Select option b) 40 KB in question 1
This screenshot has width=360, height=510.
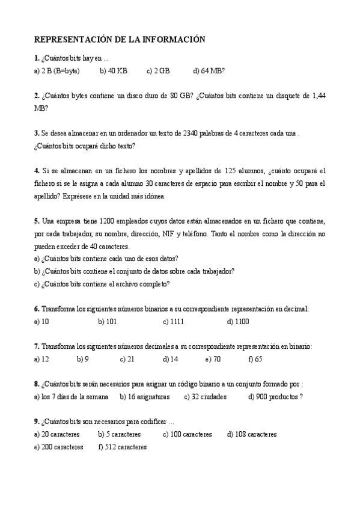(x=114, y=70)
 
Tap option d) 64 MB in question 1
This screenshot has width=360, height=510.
(x=209, y=70)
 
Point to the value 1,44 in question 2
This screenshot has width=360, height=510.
(x=316, y=96)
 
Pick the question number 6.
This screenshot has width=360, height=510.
(x=37, y=309)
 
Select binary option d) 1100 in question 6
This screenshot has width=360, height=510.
(x=238, y=322)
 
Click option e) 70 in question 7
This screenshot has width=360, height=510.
(x=213, y=360)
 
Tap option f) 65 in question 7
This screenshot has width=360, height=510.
(x=255, y=360)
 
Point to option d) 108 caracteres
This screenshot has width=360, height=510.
(x=252, y=434)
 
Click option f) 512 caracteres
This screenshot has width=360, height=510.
(x=123, y=447)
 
